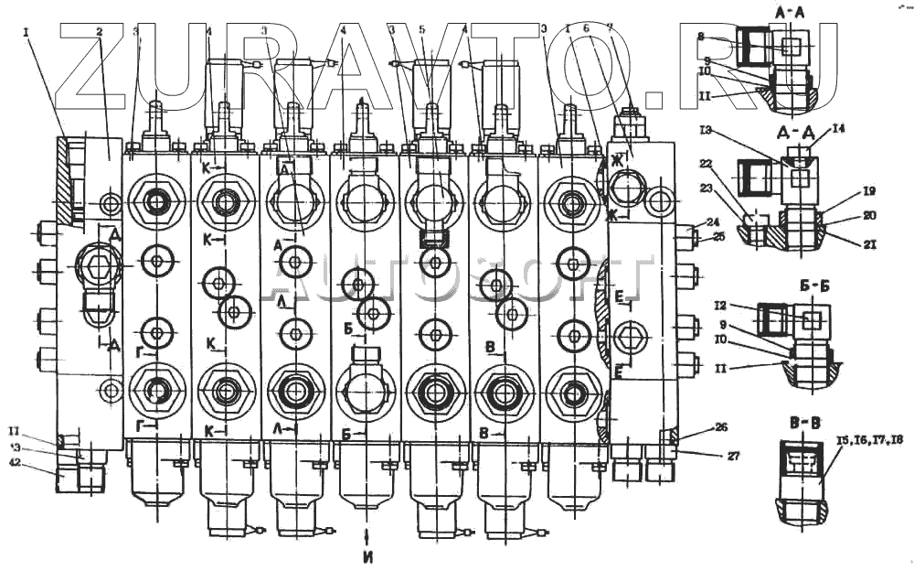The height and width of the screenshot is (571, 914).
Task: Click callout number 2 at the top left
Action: (98, 30)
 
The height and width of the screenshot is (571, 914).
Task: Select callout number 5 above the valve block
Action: (421, 29)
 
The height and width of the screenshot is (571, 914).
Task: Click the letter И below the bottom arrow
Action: (367, 555)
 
